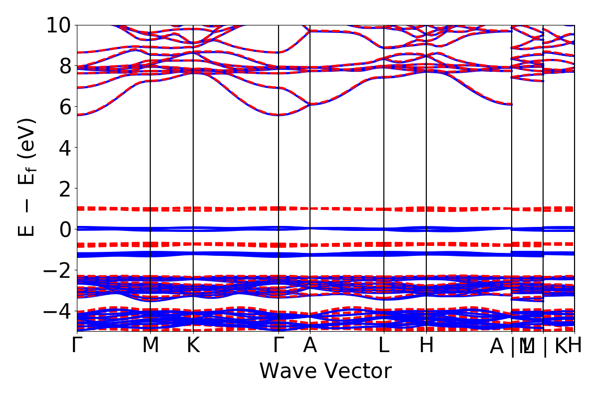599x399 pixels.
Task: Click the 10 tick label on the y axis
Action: pos(59,25)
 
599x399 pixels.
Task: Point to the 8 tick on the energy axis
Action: pos(64,66)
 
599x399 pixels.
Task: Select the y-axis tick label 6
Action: pos(64,107)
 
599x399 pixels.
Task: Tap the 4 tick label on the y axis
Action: pos(64,148)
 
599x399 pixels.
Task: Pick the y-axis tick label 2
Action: pos(64,189)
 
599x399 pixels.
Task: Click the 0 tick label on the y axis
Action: pos(64,229)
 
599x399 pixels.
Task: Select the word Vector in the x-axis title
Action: pos(359,372)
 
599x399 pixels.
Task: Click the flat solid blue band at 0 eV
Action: pos(235,229)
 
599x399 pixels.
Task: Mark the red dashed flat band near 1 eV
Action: pos(235,208)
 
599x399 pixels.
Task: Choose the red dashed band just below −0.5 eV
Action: pos(235,244)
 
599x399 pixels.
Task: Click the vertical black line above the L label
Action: pos(384,150)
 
